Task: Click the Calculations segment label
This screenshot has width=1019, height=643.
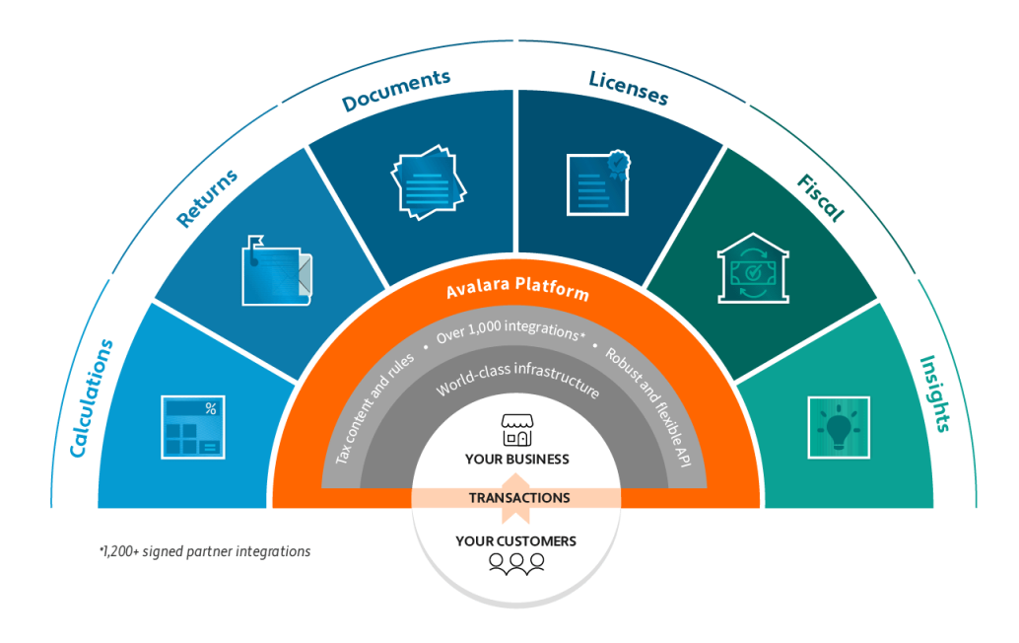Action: point(93,397)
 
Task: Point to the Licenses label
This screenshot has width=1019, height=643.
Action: point(629,88)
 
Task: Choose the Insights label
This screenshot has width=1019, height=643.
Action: point(934,393)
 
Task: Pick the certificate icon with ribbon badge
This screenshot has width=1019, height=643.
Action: point(597,180)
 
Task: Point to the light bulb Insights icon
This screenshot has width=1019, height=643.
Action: point(838,427)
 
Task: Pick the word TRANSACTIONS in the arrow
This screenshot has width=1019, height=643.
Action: point(518,498)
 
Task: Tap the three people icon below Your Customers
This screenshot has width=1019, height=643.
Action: point(516,563)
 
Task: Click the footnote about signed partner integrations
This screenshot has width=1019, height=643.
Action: point(205,551)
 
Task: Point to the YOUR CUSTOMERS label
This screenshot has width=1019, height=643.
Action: point(515,540)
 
